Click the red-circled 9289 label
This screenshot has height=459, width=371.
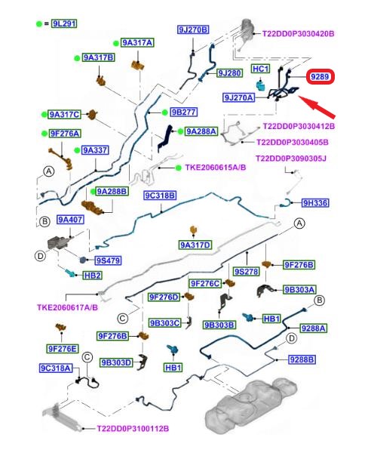click(320, 77)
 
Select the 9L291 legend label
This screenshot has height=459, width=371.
click(64, 23)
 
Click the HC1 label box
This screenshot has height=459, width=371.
click(260, 69)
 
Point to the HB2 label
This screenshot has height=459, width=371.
click(93, 276)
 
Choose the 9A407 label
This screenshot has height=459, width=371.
click(70, 220)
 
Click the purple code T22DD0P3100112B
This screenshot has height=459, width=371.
click(133, 429)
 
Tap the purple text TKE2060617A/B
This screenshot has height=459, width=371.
click(67, 307)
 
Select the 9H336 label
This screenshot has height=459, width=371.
click(315, 203)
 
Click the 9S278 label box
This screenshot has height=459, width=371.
click(247, 272)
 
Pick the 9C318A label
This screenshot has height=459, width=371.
click(56, 368)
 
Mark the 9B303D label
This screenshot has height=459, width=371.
click(116, 362)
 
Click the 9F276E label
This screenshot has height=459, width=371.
click(63, 349)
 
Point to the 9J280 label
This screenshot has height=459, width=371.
click(230, 73)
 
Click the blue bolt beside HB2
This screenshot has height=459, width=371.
click(70, 273)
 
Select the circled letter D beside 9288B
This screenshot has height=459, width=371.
click(291, 339)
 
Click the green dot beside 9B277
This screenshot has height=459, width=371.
click(164, 112)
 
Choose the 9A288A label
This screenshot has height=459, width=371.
click(201, 131)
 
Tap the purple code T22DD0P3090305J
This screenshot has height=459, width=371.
click(291, 159)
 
